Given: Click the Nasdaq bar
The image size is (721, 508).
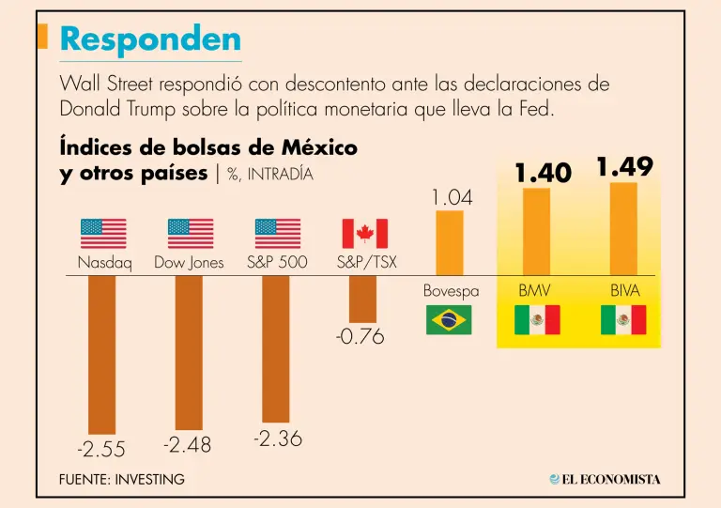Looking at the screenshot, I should click(101, 354).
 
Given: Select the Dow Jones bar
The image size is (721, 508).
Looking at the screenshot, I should click(189, 352).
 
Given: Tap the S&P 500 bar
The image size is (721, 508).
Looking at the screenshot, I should click(276, 348).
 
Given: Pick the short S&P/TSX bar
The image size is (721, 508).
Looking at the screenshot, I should click(362, 300).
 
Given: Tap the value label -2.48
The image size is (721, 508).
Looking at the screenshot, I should click(188, 444).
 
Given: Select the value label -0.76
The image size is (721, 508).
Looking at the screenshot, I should click(361, 336).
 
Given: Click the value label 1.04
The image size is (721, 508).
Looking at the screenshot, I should click(452, 198).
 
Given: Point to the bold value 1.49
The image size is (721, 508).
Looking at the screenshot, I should click(624, 167).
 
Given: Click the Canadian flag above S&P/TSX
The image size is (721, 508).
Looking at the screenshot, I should click(364, 234).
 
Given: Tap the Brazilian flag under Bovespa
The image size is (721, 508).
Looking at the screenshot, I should click(450, 320).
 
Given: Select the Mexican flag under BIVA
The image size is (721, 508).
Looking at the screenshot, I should click(623, 320).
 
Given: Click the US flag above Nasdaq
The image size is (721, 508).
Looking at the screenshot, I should click(103, 234).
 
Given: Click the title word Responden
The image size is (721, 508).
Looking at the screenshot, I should click(150, 38).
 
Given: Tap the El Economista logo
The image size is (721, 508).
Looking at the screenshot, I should click(605, 479).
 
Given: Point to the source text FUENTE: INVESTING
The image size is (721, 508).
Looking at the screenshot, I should click(122, 479).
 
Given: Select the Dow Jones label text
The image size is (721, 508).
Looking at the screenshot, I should click(189, 263).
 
